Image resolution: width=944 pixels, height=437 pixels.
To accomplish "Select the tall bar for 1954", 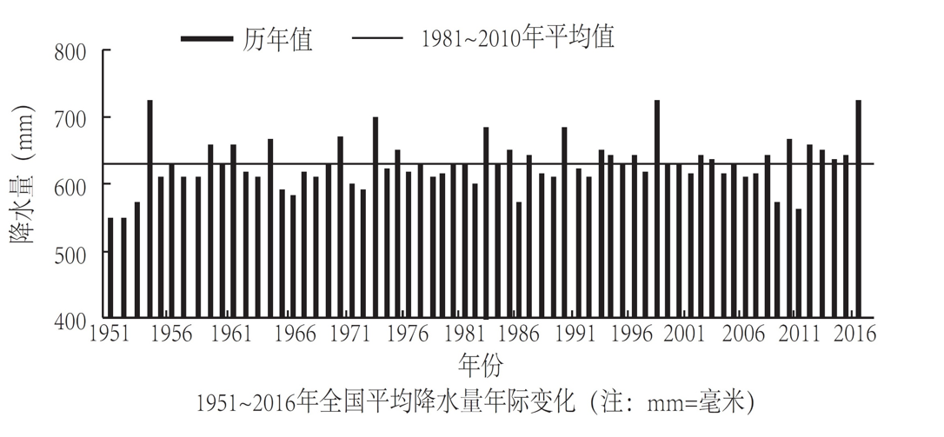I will [150, 209].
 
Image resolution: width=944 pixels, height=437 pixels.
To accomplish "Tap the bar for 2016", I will [858, 209].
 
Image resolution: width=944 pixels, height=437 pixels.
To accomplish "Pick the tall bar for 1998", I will [656, 209].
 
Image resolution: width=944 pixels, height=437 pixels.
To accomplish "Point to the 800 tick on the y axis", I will [70, 51].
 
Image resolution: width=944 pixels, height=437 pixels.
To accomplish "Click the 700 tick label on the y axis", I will [70, 118].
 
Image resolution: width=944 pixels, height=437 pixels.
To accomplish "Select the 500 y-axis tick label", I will [70, 253].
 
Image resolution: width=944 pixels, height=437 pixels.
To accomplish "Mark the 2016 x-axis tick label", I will [855, 334].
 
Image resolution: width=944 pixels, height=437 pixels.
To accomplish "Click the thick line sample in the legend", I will [206, 39].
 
